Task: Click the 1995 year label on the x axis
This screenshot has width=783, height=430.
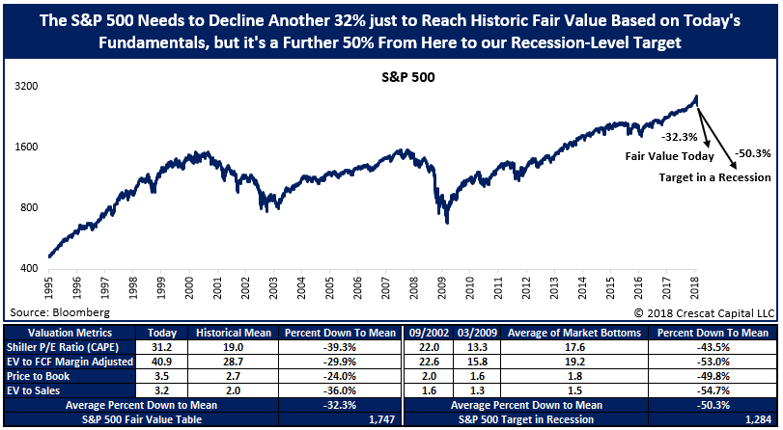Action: pos(47,290)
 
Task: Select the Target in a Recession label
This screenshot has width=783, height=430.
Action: pos(715,177)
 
